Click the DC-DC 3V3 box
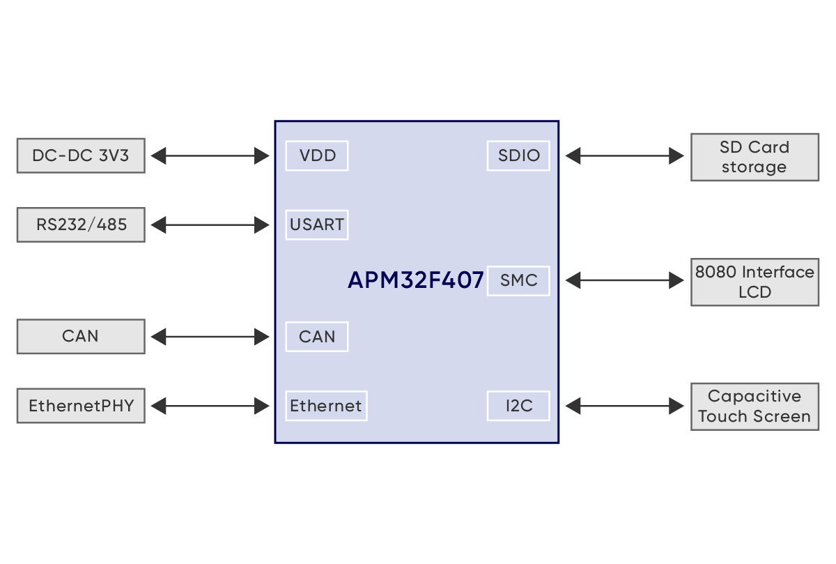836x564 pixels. pos(81,155)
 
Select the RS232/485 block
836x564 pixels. pos(81,224)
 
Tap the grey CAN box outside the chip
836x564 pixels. pos(81,336)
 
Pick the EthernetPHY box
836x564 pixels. pos(81,405)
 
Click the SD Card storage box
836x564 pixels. pos(754,157)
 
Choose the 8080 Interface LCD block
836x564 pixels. pos(754,282)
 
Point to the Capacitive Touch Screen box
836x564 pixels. pos(754,406)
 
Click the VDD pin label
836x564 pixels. pos(317,155)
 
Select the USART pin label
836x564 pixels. pos(317,224)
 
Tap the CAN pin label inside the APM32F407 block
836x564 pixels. pos(317,337)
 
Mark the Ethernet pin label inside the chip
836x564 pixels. pos(326,406)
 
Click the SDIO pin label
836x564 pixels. pos(518,155)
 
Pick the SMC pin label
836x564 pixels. pos(518,280)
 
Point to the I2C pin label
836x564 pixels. pos(518,406)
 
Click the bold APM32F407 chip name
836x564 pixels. pos(415,280)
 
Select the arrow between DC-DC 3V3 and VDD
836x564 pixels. pos(210,155)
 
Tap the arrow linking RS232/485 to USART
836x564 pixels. pos(210,224)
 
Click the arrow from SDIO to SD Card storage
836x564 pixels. pos(624,155)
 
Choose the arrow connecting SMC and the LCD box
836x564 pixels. pos(624,280)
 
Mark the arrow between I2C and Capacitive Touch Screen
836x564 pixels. pos(624,406)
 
